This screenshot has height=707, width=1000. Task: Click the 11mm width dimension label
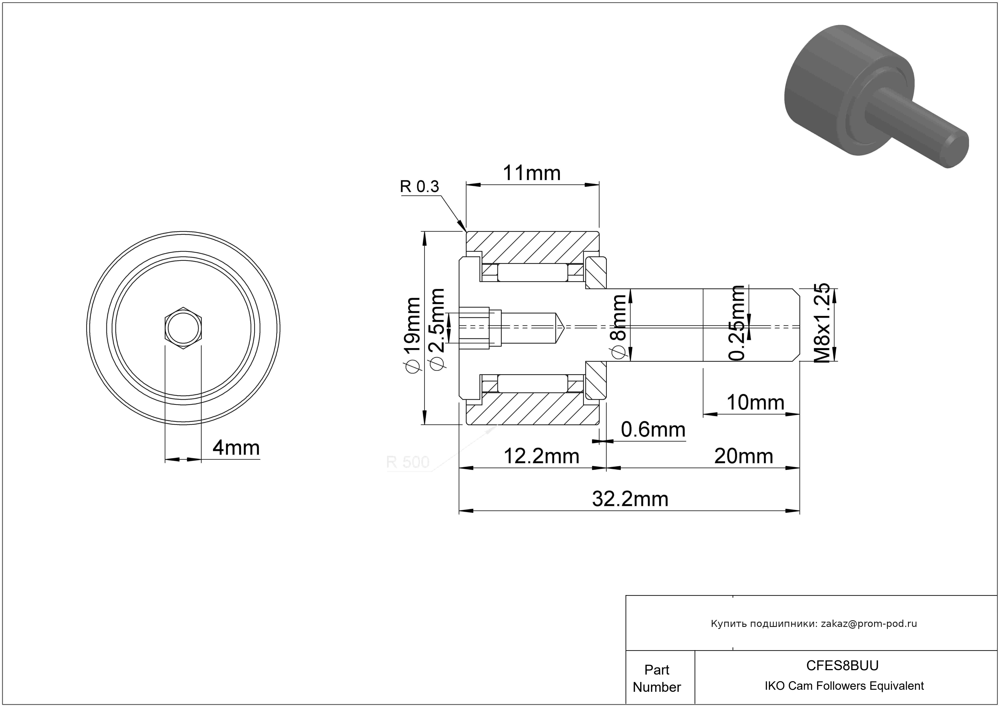coord(531,173)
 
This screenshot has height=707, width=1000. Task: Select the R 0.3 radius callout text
coord(420,186)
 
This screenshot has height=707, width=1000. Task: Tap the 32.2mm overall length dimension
coord(630,499)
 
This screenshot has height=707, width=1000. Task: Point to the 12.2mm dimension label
coord(541,457)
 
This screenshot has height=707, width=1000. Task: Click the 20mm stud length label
coord(743,457)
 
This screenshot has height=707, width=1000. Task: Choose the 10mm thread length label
coord(755,402)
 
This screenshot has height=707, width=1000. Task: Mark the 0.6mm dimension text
coord(653,430)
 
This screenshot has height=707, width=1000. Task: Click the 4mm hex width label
coord(236,448)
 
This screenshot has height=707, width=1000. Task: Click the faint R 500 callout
coord(408,462)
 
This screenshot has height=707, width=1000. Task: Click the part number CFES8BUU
coord(842,665)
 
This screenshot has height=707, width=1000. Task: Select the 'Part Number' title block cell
coord(657,678)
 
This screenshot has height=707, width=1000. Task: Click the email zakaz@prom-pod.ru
coord(869,624)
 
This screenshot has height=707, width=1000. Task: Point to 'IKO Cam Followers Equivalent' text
coord(844,686)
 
